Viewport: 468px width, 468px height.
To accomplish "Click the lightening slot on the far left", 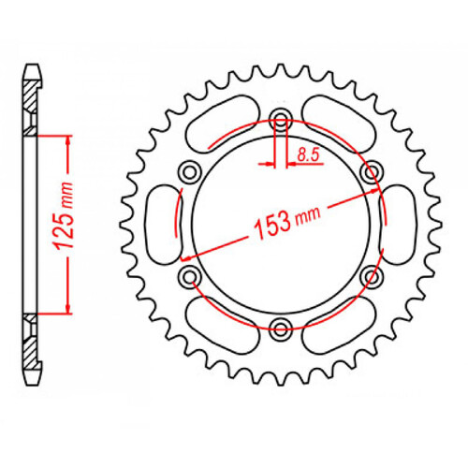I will [162, 222].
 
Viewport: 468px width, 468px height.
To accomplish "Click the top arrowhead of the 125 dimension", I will [68, 139].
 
